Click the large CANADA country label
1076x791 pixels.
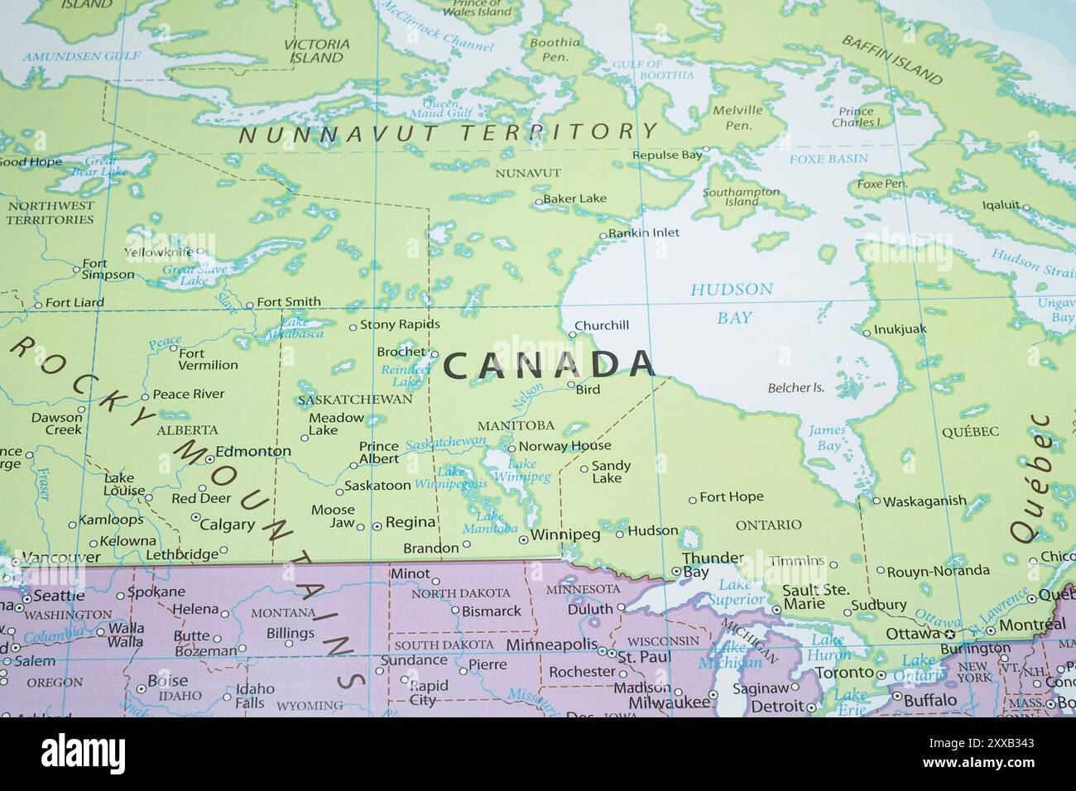click(549, 366)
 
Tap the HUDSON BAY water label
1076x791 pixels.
click(732, 303)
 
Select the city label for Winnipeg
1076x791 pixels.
click(565, 535)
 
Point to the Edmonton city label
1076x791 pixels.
click(253, 452)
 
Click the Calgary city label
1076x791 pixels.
click(228, 524)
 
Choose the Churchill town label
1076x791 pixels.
click(602, 325)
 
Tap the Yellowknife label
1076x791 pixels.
click(158, 252)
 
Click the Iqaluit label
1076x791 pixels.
click(1001, 205)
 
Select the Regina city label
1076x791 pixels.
click(411, 522)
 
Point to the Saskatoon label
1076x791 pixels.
click(377, 486)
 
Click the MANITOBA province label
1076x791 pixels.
click(516, 425)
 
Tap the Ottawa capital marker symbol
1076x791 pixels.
click(949, 634)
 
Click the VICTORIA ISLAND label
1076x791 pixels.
click(316, 50)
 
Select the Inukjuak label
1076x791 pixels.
click(900, 329)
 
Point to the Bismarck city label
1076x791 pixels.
click(492, 611)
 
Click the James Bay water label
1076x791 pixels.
click(826, 438)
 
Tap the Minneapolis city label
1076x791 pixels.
click(552, 644)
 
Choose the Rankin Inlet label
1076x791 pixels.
click(644, 233)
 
